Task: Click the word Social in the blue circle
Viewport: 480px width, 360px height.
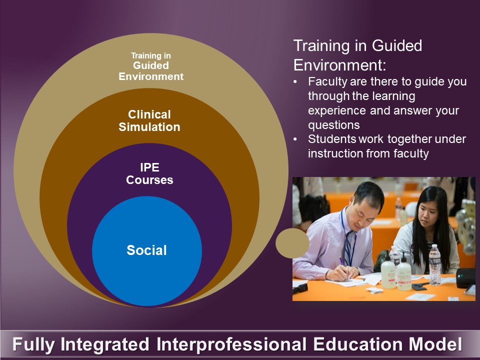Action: pyautogui.click(x=146, y=250)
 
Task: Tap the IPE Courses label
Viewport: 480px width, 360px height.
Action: pyautogui.click(x=149, y=173)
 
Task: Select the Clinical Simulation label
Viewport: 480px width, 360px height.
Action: pyautogui.click(x=149, y=120)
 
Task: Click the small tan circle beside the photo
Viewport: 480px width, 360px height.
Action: pyautogui.click(x=292, y=243)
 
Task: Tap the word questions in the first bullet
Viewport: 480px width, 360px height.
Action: pyautogui.click(x=333, y=125)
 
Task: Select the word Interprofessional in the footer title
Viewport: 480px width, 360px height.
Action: pyautogui.click(x=231, y=344)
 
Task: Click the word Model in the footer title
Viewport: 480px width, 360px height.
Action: pyautogui.click(x=435, y=344)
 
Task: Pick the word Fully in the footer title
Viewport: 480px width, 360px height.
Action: pyautogui.click(x=33, y=344)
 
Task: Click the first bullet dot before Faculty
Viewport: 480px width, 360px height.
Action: pyautogui.click(x=295, y=82)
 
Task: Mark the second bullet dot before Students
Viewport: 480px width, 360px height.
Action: pyautogui.click(x=295, y=139)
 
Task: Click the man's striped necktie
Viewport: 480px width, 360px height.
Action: pyautogui.click(x=348, y=247)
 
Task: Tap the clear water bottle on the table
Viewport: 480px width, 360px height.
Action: pyautogui.click(x=434, y=265)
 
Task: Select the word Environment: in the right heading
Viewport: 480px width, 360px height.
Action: pyautogui.click(x=340, y=65)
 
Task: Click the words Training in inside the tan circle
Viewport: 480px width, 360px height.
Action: pyautogui.click(x=151, y=55)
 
